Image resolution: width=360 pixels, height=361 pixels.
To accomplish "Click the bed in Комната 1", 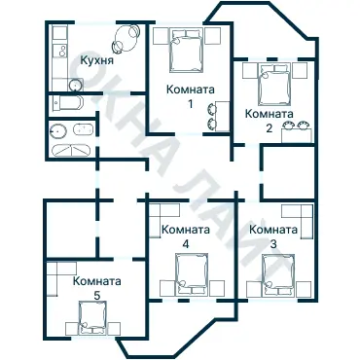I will click(x=185, y=51).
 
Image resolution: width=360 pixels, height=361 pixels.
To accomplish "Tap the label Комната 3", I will click(x=273, y=235).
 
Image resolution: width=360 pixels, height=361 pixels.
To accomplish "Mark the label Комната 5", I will click(x=96, y=287).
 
